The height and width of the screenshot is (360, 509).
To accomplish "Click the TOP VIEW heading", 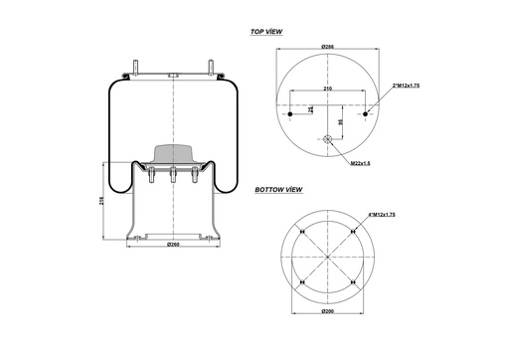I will tap(266, 32).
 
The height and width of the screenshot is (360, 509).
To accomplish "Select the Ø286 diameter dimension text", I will tap(327, 48).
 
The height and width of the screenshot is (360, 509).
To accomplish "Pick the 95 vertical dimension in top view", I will tap(341, 122).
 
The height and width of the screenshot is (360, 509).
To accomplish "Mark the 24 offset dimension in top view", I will tap(310, 108).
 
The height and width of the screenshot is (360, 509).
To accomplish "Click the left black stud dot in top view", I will tap(289, 114).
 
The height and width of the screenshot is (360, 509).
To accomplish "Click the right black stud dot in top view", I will tap(366, 114).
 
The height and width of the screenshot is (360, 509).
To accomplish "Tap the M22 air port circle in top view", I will tap(327, 139).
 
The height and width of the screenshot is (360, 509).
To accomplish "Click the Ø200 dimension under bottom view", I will tap(327, 312).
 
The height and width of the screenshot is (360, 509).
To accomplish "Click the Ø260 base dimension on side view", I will tap(173, 244).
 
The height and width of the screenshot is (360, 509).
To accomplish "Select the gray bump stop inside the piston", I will tap(173, 155).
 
